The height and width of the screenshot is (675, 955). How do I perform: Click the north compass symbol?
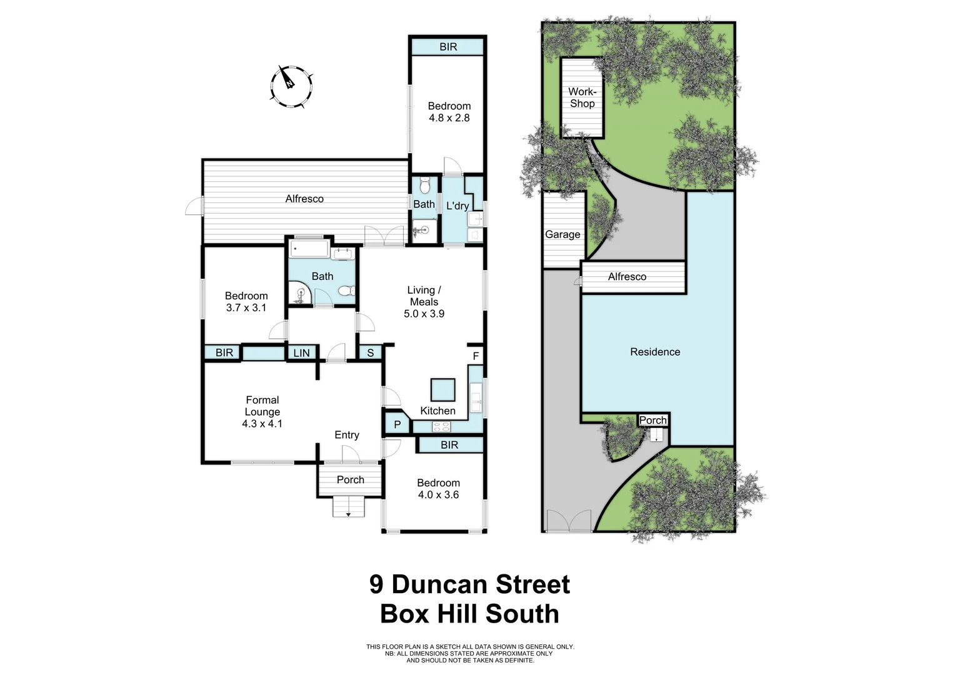tap(291, 86)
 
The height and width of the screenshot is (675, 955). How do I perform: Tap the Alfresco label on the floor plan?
tap(304, 199)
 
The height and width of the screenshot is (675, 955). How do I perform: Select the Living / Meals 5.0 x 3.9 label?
tap(424, 302)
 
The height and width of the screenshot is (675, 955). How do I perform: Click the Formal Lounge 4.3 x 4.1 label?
tap(262, 412)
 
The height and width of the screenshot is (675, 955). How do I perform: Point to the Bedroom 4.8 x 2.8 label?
tap(449, 112)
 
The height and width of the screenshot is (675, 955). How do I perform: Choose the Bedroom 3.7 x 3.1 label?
tap(246, 302)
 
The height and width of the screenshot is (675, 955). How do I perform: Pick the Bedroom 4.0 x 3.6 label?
tap(438, 489)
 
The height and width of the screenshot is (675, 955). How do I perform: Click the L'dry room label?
tap(457, 206)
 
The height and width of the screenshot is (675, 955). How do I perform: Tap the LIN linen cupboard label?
tap(301, 353)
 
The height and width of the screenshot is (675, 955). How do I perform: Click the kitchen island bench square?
tap(442, 390)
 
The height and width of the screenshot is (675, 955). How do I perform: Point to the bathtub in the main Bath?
tap(309, 251)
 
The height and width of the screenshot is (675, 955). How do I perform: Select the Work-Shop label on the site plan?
tap(582, 97)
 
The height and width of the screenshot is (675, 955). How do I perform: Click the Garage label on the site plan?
tap(562, 234)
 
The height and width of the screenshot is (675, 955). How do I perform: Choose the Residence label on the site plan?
tap(655, 352)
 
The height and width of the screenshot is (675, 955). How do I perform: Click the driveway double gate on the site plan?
tap(569, 521)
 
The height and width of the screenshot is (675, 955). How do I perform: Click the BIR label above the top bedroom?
tap(447, 47)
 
